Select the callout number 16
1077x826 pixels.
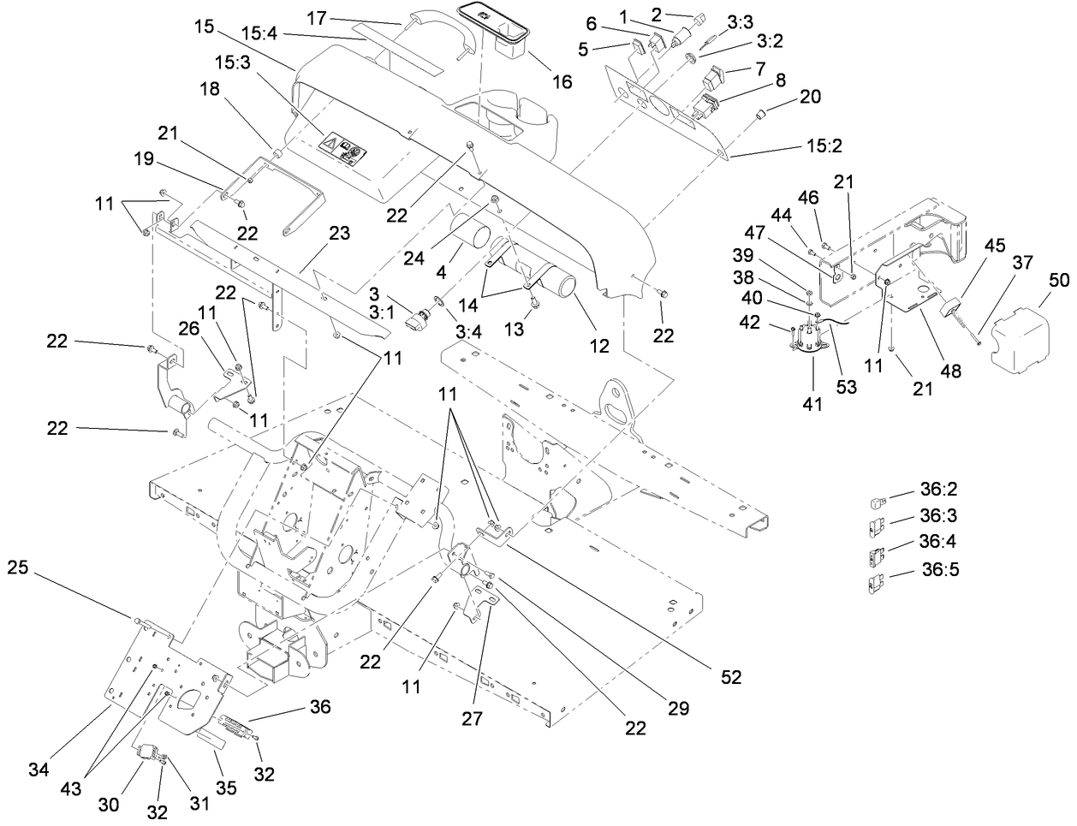point(561,81)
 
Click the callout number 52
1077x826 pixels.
point(729,677)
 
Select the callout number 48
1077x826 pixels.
point(951,371)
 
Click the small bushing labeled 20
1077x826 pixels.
point(758,115)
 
